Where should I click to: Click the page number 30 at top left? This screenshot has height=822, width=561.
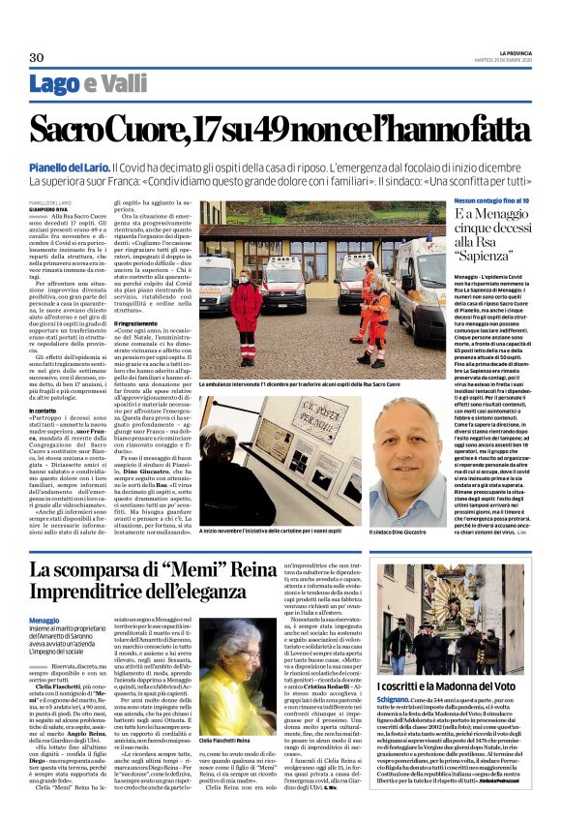37,57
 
